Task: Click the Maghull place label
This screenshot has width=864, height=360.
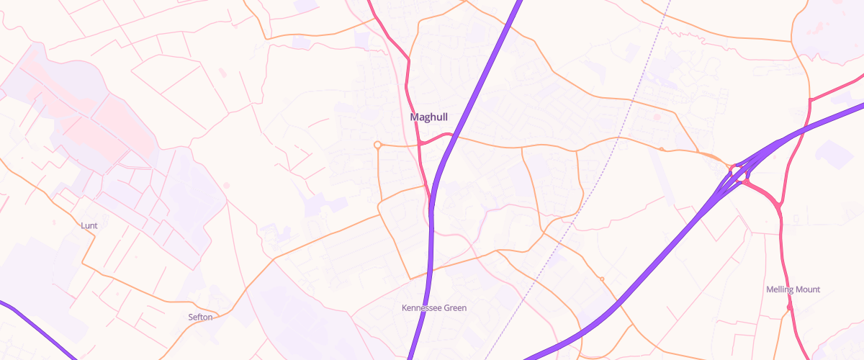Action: [x=428, y=117]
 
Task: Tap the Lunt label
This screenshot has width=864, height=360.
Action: [x=89, y=225]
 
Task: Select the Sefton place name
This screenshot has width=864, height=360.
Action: [x=200, y=317]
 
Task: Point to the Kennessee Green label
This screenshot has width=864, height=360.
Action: [x=433, y=308]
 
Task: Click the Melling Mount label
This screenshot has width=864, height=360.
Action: [x=793, y=289]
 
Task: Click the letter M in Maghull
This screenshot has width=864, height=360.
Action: [x=414, y=117]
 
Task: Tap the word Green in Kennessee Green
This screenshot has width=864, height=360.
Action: [x=454, y=308]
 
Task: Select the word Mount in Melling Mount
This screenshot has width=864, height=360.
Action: [x=807, y=289]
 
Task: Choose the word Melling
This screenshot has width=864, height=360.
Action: [x=780, y=289]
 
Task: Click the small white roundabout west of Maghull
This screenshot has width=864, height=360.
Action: [x=377, y=145]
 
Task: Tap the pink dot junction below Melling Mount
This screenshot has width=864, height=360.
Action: [x=790, y=307]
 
